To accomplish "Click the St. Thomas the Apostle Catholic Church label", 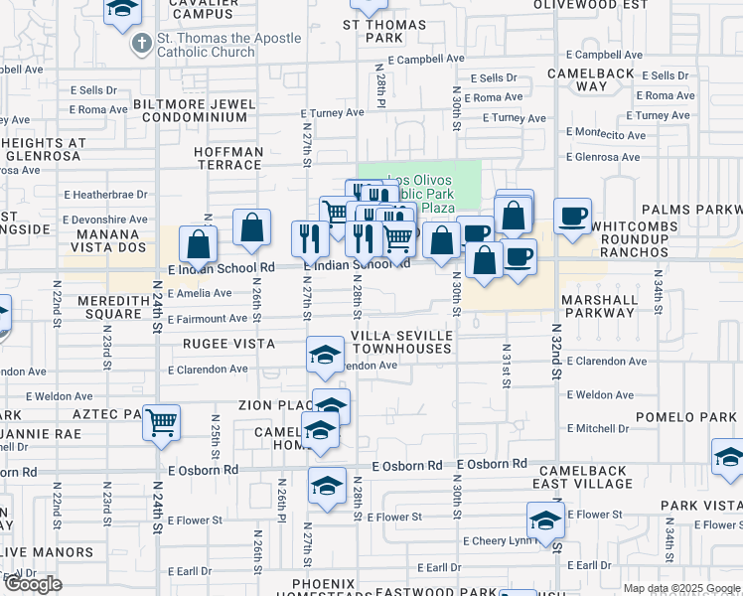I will point(228,45).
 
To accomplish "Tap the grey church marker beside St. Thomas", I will point(141,45).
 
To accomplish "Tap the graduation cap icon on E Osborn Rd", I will point(327,485).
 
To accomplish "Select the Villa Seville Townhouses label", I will point(403,343).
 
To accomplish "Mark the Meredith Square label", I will point(99,307).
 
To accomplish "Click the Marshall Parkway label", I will point(598,306).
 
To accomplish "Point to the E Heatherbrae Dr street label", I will point(106,195).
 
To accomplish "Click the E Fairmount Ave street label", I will point(207,319).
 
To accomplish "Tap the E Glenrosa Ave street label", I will point(603,157).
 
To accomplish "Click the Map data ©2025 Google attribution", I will point(680,588).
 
